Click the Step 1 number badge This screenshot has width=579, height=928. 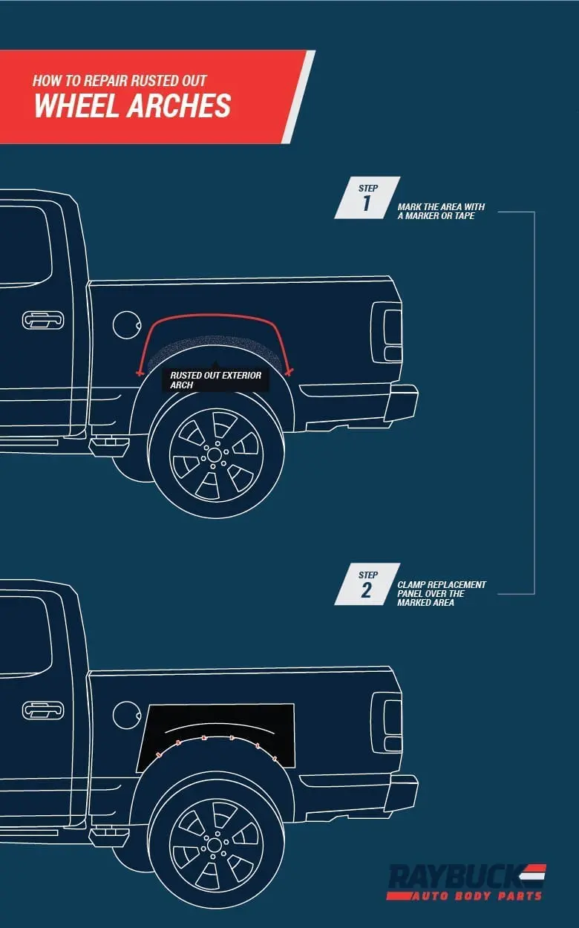367,197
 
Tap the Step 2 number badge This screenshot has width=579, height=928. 367,584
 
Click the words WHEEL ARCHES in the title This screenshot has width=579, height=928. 132,105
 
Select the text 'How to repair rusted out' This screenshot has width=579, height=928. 120,80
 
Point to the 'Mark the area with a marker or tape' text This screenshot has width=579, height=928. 441,212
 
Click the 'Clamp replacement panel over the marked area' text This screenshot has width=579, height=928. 442,593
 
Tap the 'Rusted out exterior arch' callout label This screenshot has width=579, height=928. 215,380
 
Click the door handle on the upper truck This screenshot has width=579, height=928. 42,320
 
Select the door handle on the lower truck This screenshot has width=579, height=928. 42,710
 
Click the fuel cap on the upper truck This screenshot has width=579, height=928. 127,325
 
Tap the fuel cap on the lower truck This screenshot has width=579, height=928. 125,715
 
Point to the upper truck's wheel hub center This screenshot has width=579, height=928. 214,455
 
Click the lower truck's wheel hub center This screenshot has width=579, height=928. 214,845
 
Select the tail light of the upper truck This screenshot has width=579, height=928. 387,332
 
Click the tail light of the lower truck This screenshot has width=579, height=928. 387,722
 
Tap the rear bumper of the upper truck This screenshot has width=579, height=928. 402,402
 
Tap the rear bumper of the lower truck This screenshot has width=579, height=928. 402,792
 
